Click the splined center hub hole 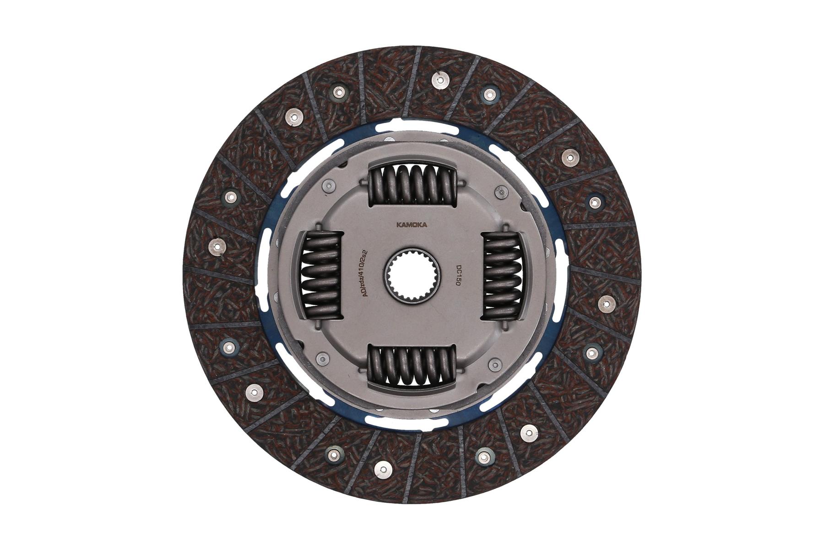412,277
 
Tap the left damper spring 322,274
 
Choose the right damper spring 503,275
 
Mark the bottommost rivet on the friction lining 383,469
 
